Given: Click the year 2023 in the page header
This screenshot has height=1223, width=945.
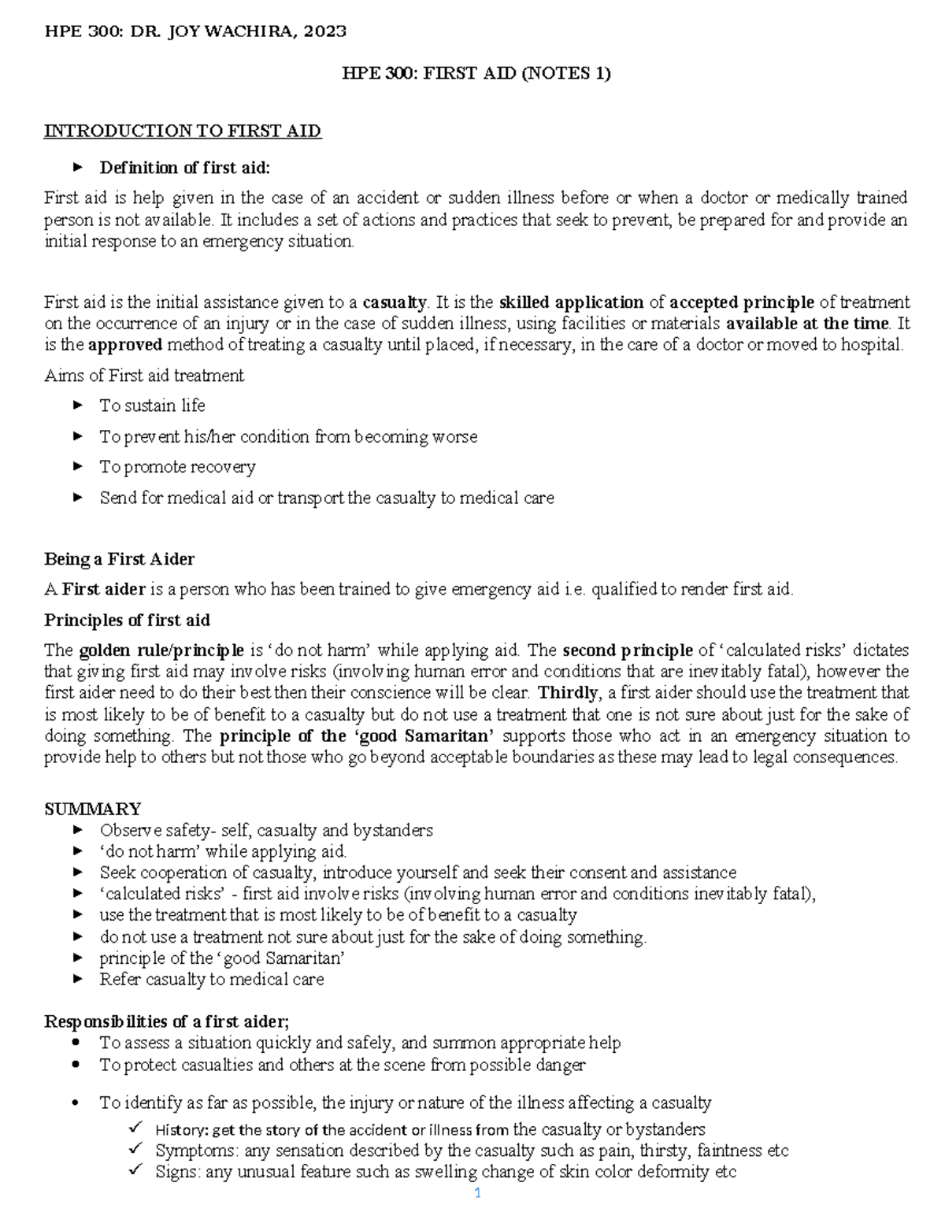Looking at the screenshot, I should point(323,32).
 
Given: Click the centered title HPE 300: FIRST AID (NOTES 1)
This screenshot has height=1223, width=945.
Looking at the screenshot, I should point(476,74).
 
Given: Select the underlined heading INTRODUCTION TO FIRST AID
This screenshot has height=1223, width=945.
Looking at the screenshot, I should point(182,131).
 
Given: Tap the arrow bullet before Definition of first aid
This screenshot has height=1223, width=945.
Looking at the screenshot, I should point(77,167).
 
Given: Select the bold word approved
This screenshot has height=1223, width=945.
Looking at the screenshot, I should point(125,345).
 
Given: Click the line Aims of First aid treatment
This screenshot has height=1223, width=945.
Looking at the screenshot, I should point(144,376).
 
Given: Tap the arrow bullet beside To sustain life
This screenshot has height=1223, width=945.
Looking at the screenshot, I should point(77,406).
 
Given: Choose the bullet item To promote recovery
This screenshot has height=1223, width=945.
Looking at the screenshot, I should point(177,467).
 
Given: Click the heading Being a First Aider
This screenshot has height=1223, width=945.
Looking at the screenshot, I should point(119,559).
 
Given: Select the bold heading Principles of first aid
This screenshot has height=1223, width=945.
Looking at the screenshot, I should point(127,621).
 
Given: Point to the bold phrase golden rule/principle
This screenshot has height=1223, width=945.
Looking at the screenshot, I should point(161,650).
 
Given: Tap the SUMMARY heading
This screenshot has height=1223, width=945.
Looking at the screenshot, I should point(92,809).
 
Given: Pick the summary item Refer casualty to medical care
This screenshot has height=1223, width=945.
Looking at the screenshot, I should point(211,980).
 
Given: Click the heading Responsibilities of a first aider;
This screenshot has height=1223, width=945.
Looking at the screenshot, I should point(166,1022).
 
